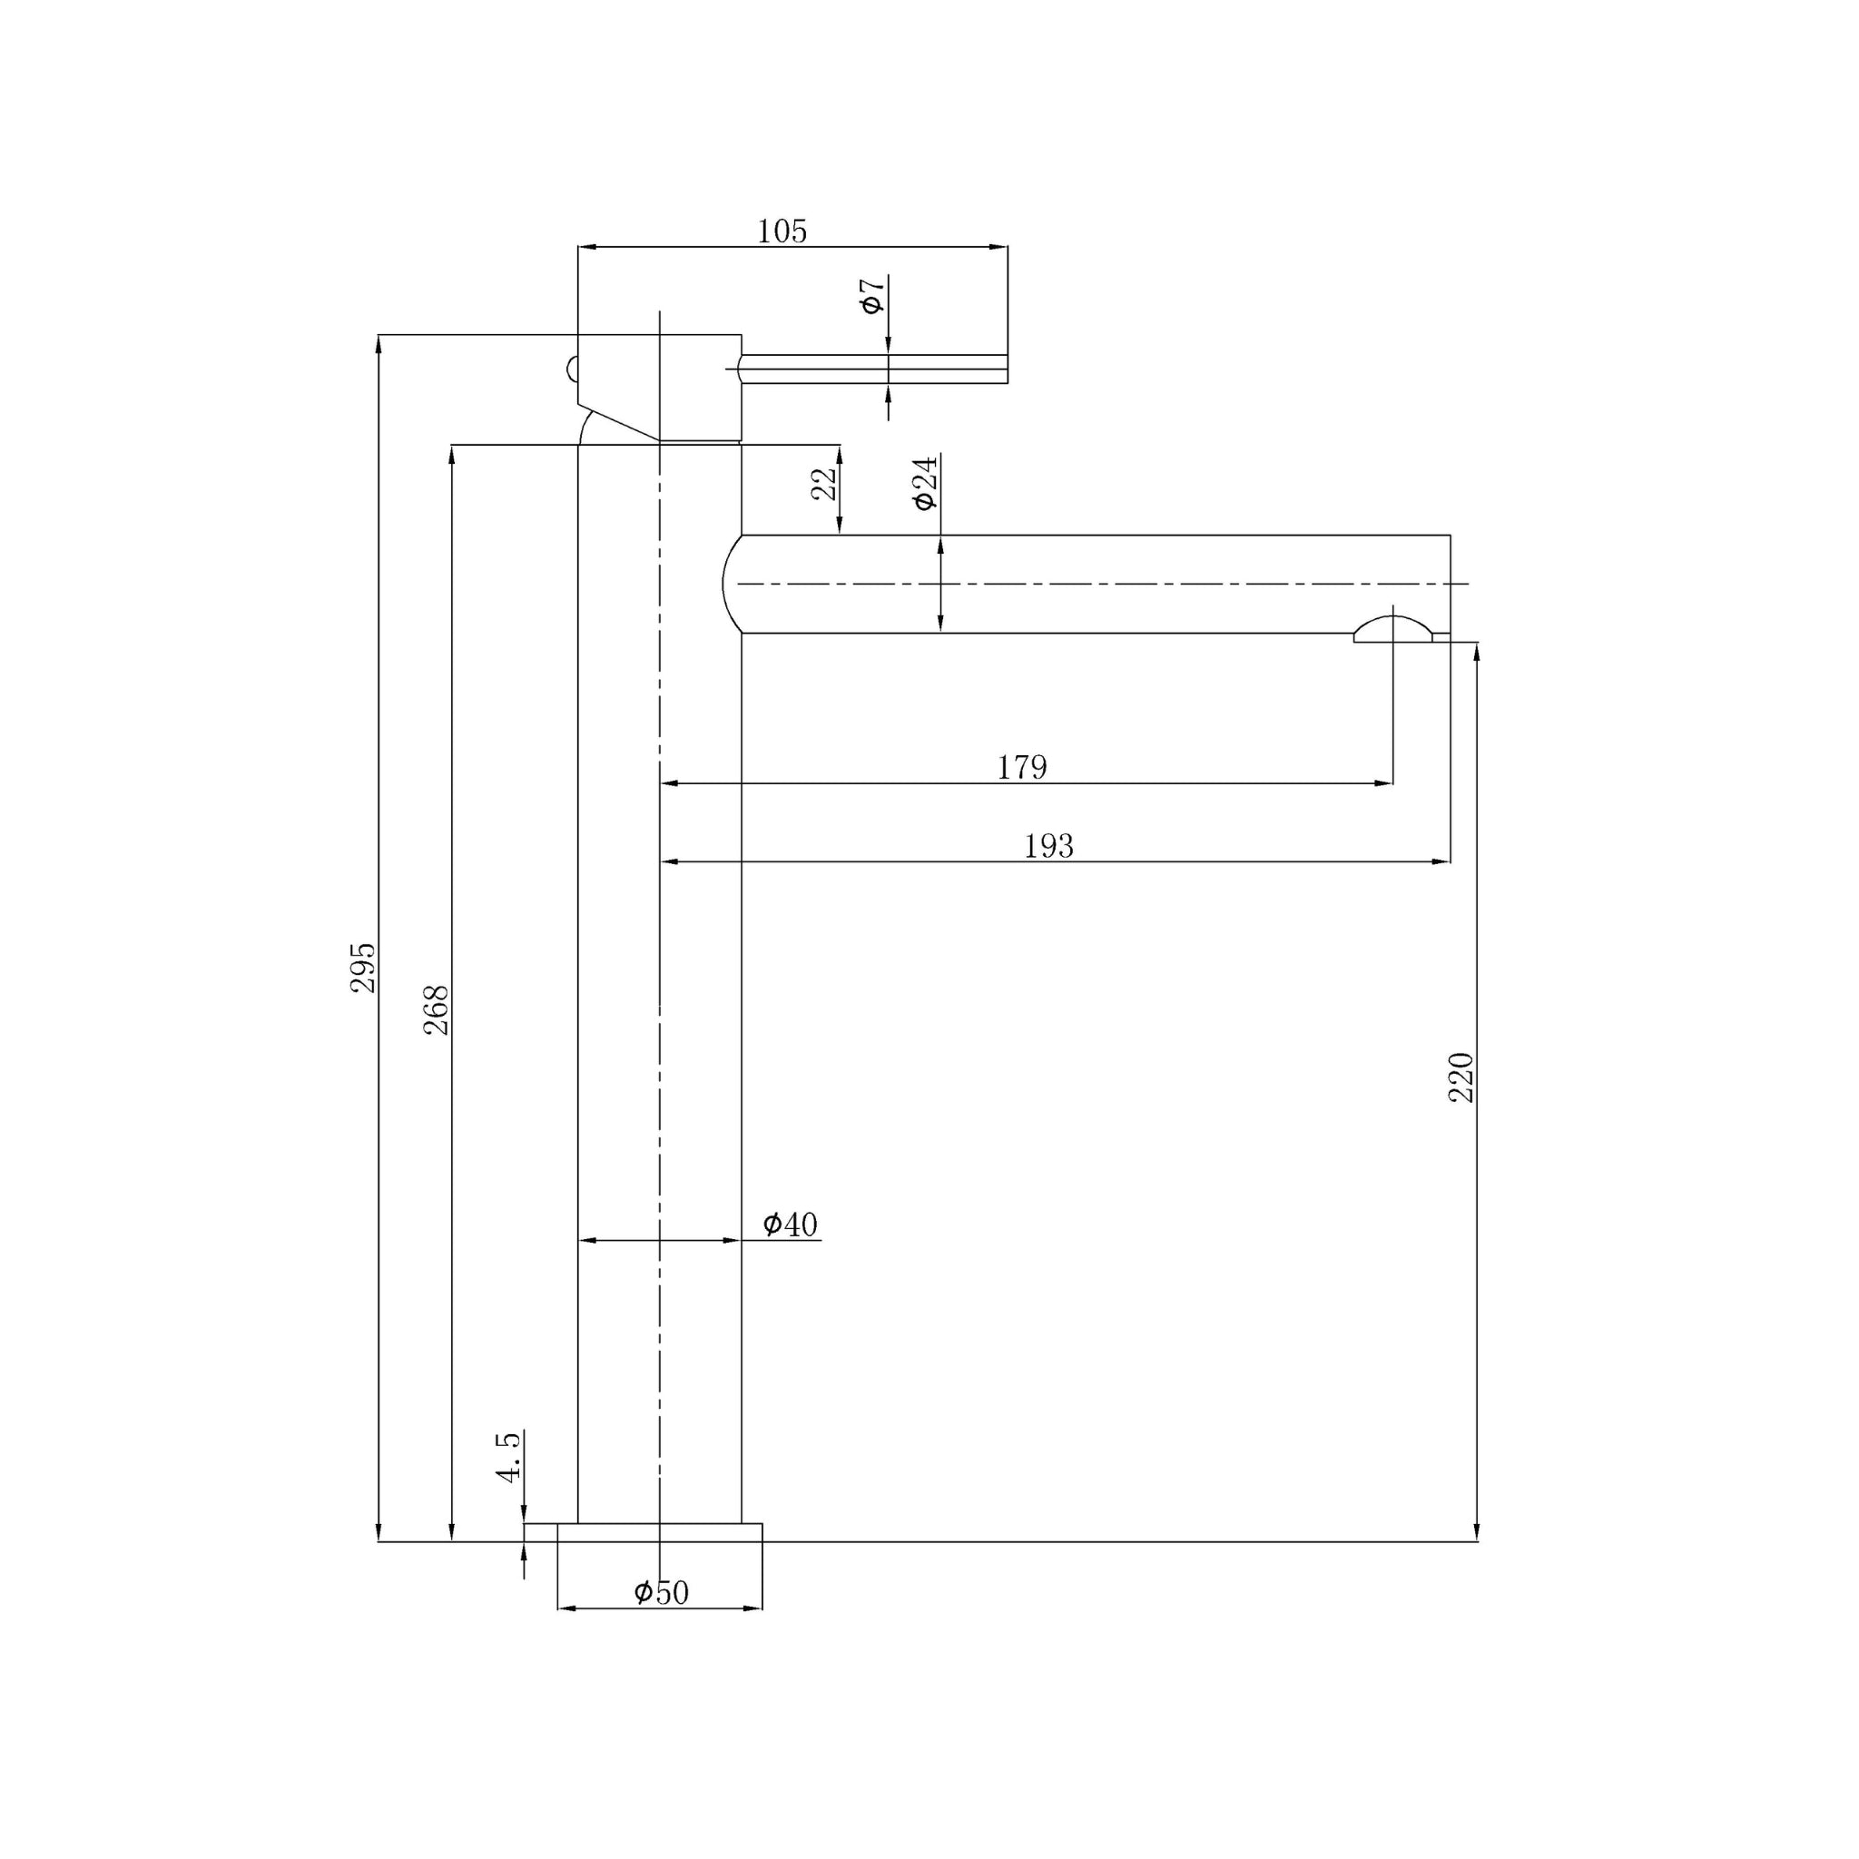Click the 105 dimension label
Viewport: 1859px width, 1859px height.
782,231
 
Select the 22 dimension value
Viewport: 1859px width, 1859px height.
824,484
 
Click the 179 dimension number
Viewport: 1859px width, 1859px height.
1021,767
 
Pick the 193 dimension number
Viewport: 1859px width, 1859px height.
1048,846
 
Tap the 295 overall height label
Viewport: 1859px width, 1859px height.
363,968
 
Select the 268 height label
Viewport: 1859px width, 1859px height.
437,1009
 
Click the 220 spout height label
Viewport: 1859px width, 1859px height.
1461,1077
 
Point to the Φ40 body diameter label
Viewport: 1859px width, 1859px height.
790,1224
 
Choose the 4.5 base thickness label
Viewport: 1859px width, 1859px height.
509,1456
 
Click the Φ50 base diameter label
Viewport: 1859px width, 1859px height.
661,1592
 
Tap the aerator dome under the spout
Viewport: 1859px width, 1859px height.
1392,628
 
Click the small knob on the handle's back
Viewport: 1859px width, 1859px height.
573,369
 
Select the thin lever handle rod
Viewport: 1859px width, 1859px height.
870,369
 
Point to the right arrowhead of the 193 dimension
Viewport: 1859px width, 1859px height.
1441,861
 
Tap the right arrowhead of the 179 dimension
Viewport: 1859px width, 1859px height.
1383,783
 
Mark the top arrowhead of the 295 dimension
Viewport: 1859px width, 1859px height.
379,343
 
